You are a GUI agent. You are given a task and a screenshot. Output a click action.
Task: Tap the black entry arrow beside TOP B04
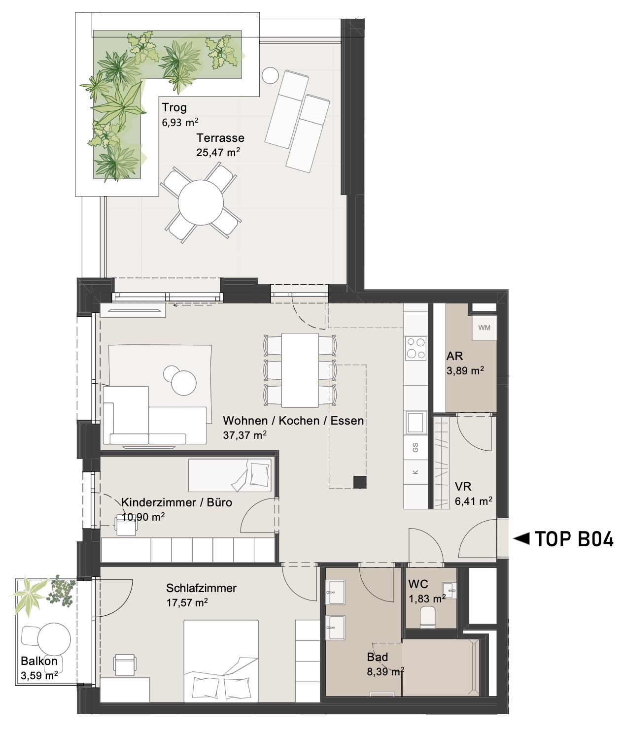pos(521,539)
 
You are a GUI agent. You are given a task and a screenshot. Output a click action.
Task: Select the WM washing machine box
pos(485,328)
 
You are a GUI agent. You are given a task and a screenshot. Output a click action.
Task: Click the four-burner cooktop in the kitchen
pos(415,348)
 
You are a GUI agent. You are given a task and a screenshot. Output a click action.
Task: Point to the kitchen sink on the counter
pos(415,422)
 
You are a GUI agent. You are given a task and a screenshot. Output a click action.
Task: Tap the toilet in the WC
pos(428,617)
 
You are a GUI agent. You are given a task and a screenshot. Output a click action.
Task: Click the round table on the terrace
pos(201,202)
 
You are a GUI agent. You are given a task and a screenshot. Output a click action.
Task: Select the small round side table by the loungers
pos(270,75)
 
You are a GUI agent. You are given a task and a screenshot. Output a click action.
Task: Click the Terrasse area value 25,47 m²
pos(218,152)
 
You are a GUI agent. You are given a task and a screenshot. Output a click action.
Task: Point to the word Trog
pos(174,107)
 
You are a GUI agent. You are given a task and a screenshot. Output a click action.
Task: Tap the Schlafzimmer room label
pos(201,588)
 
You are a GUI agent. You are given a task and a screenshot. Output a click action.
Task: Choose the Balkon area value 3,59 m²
pos(39,676)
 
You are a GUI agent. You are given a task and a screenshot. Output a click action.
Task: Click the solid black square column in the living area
pos(360,482)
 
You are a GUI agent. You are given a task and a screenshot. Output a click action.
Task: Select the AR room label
pos(454,356)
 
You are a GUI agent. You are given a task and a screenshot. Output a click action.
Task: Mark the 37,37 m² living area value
pos(245,435)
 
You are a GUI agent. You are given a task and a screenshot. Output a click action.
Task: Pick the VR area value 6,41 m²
pos(474,501)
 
